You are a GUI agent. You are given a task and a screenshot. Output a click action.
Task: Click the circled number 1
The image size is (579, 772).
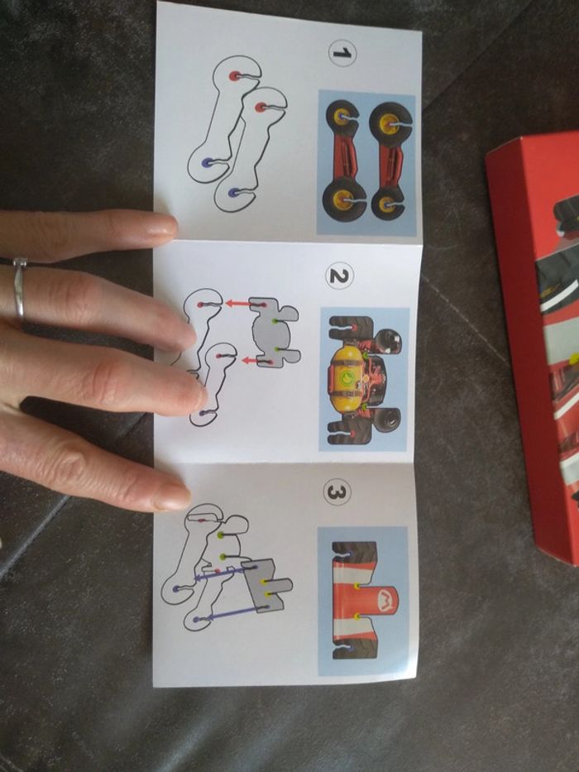342,53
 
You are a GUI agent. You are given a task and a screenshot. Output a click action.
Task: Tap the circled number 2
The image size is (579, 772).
339,277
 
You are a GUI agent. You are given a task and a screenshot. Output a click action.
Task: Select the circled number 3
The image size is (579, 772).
337,492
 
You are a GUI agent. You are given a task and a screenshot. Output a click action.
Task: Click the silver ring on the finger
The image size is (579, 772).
18,288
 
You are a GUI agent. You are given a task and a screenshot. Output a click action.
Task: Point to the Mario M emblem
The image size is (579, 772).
385,600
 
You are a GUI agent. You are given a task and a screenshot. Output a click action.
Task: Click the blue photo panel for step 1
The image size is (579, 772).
366,163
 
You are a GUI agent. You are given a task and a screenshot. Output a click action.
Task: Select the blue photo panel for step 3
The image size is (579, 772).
363,602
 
